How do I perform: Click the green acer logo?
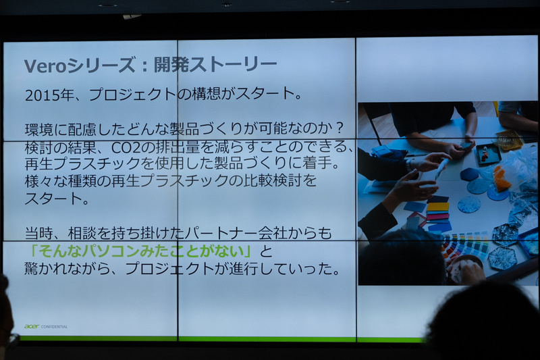pos(31,326)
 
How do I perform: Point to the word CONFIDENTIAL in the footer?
pos(55,326)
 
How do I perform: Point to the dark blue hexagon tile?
pos(469,174)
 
